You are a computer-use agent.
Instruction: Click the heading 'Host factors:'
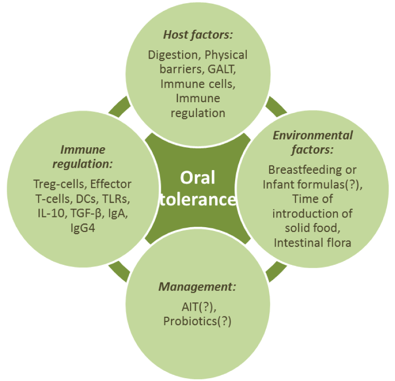[197, 35]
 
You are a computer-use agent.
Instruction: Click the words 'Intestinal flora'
[312, 243]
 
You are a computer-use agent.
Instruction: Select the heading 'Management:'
[197, 286]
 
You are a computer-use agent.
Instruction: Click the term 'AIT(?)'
[197, 307]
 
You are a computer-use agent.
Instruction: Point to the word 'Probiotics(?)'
[197, 321]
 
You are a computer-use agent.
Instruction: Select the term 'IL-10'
[49, 214]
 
